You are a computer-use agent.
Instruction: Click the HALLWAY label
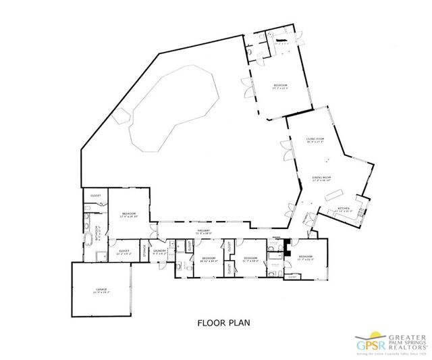coord(204,231)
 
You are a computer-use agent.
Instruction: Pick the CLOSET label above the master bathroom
coord(96,196)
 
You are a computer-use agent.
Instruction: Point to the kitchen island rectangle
coord(332,195)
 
